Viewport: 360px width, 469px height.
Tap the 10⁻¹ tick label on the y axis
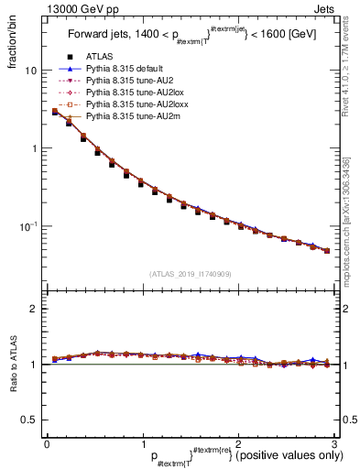28,225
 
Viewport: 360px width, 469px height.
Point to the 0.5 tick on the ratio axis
29,420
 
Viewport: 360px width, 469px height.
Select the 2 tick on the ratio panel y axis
34,309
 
